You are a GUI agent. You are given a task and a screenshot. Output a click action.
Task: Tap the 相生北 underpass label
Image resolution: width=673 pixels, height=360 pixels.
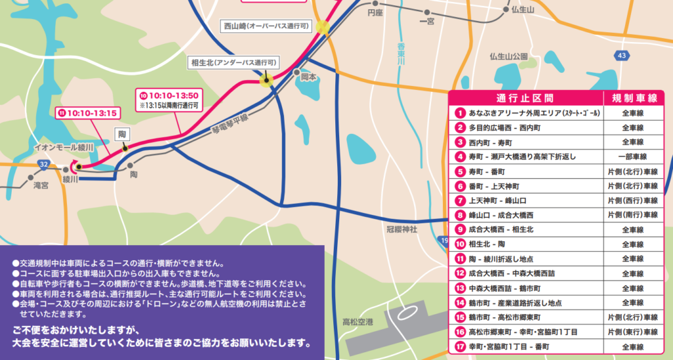tap(234, 62)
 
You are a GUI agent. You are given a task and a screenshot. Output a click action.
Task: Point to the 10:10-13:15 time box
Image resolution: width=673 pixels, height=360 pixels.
tap(88, 112)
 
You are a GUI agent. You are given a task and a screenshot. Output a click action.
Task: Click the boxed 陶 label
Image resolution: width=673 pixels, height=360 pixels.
tap(122, 134)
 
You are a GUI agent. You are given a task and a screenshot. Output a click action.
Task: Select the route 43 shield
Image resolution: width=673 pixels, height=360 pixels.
tap(622, 56)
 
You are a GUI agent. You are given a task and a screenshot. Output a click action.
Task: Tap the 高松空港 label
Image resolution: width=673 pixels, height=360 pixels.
tap(358, 322)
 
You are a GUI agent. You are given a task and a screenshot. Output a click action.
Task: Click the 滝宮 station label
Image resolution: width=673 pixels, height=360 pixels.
tap(41, 186)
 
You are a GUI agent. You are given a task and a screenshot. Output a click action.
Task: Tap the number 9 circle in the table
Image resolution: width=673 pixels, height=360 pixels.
tap(460, 229)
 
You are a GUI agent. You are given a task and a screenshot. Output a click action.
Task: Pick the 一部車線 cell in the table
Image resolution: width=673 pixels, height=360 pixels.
tap(632, 156)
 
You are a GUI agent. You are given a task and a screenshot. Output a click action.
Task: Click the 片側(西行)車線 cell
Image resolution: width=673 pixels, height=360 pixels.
tap(632, 200)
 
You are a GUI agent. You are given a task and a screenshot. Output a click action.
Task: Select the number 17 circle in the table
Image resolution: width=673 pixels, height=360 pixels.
tap(460, 346)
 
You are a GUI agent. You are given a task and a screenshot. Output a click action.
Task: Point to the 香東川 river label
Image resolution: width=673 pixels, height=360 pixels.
tap(400, 53)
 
